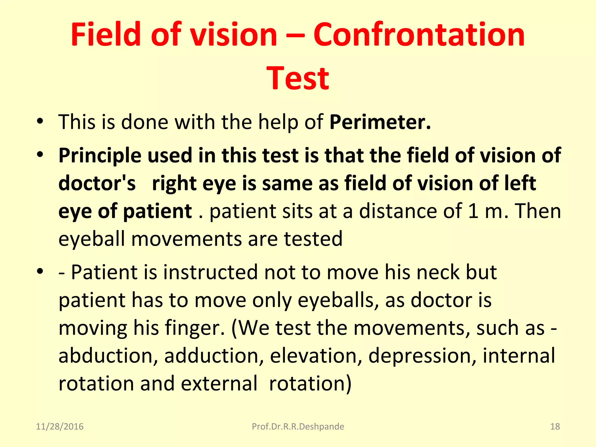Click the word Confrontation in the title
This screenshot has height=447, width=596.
pyautogui.click(x=419, y=35)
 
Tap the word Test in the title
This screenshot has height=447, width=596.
pyautogui.click(x=298, y=79)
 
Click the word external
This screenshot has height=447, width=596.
pyautogui.click(x=219, y=384)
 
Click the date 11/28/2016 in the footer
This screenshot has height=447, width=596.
pyautogui.click(x=60, y=427)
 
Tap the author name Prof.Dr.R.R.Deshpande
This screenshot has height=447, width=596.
pyautogui.click(x=298, y=427)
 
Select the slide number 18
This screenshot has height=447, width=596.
pyautogui.click(x=555, y=427)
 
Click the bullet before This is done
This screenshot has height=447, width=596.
pyautogui.click(x=40, y=122)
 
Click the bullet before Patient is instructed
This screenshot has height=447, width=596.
pyautogui.click(x=40, y=272)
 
